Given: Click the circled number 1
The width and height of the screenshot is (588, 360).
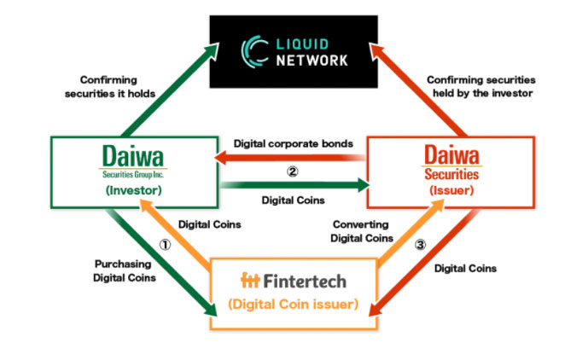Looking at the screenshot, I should pyautogui.click(x=166, y=241).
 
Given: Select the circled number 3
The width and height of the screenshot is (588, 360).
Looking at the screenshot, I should pyautogui.click(x=419, y=243).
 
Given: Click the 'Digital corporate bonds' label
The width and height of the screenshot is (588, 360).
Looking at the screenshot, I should pyautogui.click(x=292, y=144).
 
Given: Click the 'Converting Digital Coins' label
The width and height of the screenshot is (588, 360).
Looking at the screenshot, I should pyautogui.click(x=362, y=232).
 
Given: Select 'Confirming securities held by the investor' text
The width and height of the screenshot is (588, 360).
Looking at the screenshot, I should pyautogui.click(x=478, y=86).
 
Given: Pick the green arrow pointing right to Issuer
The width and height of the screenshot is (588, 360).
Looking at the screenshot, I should pyautogui.click(x=292, y=183).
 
